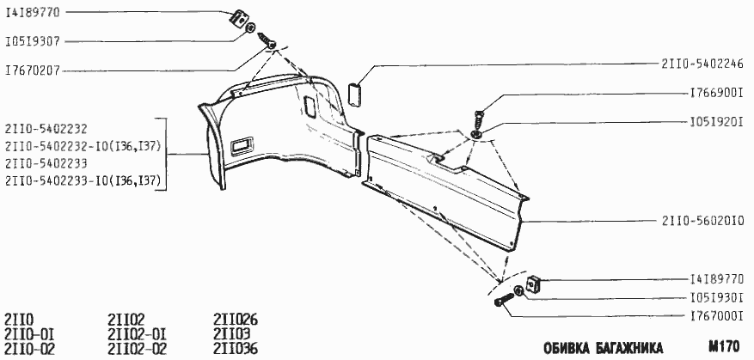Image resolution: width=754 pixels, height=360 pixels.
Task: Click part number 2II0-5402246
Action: click(x=702, y=64)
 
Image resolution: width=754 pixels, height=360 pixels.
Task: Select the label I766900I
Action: click(x=716, y=94)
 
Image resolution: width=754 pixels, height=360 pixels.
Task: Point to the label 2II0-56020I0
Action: click(x=702, y=221)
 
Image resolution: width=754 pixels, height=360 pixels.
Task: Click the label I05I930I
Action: click(x=716, y=298)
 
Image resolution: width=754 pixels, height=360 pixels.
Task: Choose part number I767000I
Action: click(x=716, y=317)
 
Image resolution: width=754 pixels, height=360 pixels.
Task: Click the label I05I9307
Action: click(x=33, y=42)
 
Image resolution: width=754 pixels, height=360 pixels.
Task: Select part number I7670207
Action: click(x=33, y=71)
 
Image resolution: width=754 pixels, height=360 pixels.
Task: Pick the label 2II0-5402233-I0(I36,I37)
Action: click(x=83, y=181)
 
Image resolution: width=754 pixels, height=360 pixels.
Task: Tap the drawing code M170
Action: click(x=724, y=346)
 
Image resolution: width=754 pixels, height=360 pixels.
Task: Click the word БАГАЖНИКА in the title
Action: click(x=628, y=347)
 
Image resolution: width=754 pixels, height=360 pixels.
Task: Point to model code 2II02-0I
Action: click(x=137, y=334)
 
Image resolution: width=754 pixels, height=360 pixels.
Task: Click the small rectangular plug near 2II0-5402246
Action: click(x=355, y=95)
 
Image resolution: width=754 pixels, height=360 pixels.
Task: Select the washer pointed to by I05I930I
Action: click(x=518, y=290)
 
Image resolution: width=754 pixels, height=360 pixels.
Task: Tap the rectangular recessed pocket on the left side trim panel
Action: click(x=242, y=147)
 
